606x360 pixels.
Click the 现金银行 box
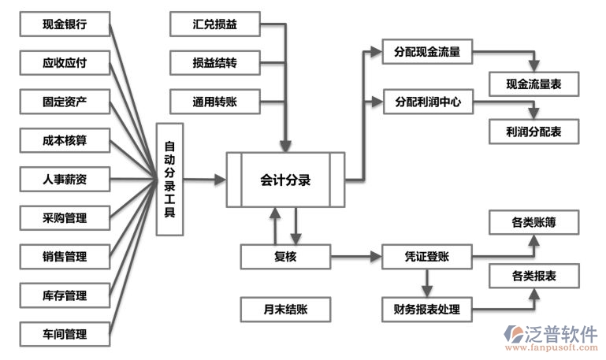click(65, 24)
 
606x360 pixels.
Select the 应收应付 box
click(65, 63)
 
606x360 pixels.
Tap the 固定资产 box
click(65, 102)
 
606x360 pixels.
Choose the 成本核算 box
click(65, 141)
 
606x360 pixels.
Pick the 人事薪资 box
click(65, 180)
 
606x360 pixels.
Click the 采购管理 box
click(65, 218)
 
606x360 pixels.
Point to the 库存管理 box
click(65, 295)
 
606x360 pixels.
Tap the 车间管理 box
click(65, 334)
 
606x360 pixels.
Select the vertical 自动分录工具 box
click(170, 179)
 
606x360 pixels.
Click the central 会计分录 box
click(285, 180)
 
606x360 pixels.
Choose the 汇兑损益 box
click(214, 24)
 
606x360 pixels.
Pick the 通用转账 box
click(214, 102)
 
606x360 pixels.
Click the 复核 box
click(285, 256)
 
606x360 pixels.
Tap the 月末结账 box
click(285, 309)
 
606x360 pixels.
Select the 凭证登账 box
click(426, 256)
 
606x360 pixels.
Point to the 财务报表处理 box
click(426, 309)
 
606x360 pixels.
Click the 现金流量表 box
click(533, 83)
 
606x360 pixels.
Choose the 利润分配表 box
click(533, 132)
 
